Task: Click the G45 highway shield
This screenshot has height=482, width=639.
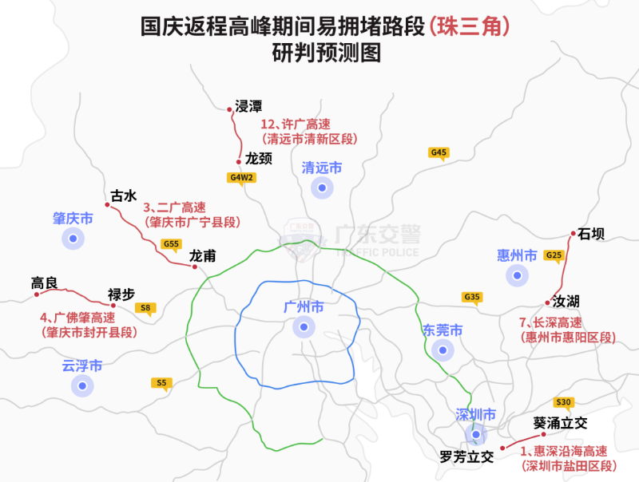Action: click(x=439, y=152)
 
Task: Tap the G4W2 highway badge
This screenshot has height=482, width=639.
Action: click(x=241, y=177)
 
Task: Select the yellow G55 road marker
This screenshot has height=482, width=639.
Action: click(x=171, y=244)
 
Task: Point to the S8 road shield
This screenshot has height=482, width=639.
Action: click(x=145, y=307)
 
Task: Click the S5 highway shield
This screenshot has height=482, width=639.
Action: click(x=161, y=383)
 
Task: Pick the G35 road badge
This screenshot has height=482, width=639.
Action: click(x=472, y=298)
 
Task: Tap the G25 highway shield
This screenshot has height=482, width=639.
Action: click(x=554, y=255)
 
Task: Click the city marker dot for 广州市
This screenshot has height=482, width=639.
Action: click(x=304, y=326)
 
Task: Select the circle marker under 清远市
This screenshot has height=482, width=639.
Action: click(x=322, y=188)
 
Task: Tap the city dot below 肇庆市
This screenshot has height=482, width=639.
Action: click(x=73, y=238)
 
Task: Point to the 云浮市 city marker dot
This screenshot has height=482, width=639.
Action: click(x=81, y=386)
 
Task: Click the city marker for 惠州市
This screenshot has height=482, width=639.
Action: click(x=518, y=276)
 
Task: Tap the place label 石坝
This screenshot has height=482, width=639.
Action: click(x=591, y=234)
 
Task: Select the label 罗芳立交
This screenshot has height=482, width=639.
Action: click(x=467, y=457)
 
